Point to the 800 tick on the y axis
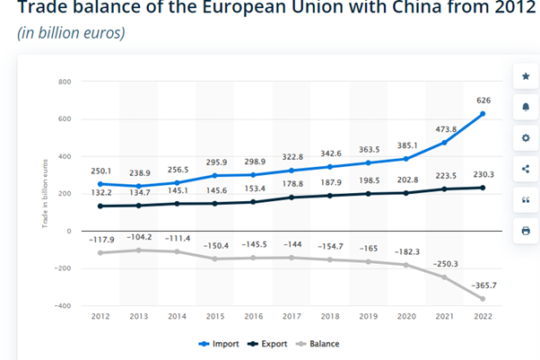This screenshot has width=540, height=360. (x=64, y=82)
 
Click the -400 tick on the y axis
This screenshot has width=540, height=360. (x=61, y=306)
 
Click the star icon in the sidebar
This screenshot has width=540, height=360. (x=525, y=76)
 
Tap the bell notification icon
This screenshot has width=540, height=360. (x=525, y=107)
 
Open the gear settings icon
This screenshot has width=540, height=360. (x=525, y=138)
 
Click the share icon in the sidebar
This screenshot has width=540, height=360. (x=525, y=169)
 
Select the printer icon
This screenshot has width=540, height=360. (x=525, y=231)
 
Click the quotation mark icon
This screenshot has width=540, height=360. (x=525, y=200)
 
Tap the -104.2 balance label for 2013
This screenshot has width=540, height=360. (x=140, y=238)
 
